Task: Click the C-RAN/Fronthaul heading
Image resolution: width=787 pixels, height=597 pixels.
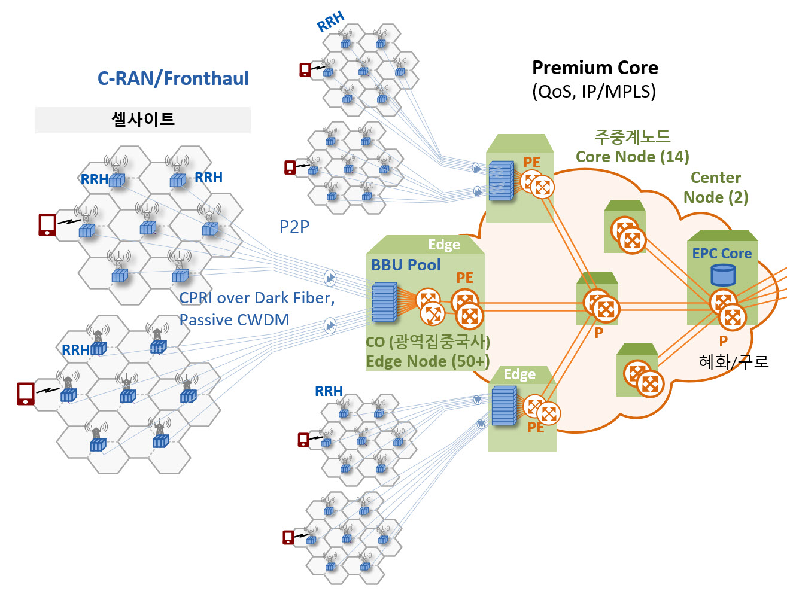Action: click(x=173, y=78)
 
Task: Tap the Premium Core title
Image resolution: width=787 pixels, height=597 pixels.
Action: click(x=595, y=68)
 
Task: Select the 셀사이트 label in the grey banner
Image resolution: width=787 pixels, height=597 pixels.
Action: click(x=143, y=119)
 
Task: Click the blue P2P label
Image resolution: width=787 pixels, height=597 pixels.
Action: click(x=294, y=227)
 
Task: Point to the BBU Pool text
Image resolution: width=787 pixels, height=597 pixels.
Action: click(x=406, y=265)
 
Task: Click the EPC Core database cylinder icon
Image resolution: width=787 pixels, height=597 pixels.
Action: click(x=723, y=275)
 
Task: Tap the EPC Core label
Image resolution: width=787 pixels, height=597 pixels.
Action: click(x=722, y=254)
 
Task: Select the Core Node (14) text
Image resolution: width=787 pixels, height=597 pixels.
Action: click(x=633, y=157)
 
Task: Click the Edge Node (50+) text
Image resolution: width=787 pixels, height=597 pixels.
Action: click(x=427, y=361)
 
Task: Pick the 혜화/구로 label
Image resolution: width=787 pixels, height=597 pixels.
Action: click(x=734, y=361)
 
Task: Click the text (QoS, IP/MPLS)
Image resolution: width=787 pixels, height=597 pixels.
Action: click(x=594, y=92)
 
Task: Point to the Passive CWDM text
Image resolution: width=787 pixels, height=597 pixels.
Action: click(x=234, y=320)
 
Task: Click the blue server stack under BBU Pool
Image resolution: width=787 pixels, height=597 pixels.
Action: click(x=384, y=302)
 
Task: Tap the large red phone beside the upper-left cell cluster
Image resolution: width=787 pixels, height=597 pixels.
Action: click(x=47, y=225)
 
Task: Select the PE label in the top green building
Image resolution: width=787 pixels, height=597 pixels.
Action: click(x=531, y=162)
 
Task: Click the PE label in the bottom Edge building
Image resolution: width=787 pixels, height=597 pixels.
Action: click(x=536, y=428)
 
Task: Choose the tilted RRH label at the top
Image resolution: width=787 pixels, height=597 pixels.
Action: click(x=330, y=21)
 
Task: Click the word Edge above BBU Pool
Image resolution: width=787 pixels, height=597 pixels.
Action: click(x=444, y=245)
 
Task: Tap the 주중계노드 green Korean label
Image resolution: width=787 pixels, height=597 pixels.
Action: click(x=632, y=137)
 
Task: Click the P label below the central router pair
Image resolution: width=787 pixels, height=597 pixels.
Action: click(x=598, y=333)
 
